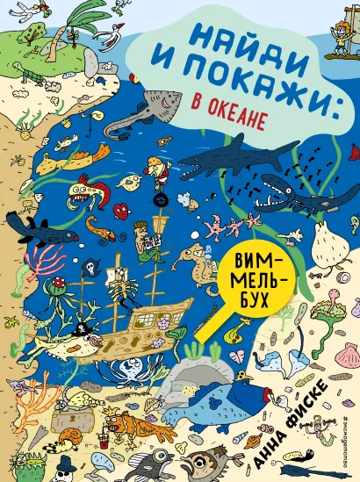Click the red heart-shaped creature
point(123,209)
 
